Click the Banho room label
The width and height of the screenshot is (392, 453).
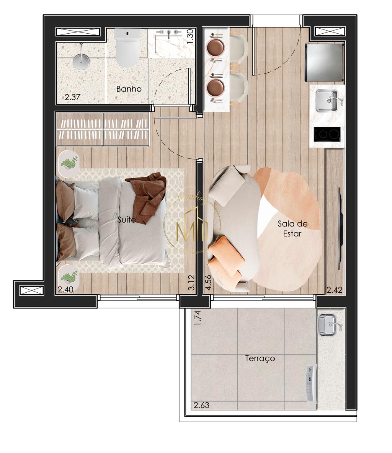[x=129, y=89]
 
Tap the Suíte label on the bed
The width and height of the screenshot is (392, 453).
[x=127, y=220]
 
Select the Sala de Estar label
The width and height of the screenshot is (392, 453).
[x=292, y=228]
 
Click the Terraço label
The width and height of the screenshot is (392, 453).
[x=260, y=359]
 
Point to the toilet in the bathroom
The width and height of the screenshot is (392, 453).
[x=127, y=49]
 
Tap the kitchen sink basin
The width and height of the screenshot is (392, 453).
[x=326, y=101]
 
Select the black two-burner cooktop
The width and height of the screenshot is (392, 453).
[x=327, y=134]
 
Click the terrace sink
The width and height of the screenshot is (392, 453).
[x=327, y=324]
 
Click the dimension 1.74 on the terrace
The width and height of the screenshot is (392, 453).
[x=197, y=318]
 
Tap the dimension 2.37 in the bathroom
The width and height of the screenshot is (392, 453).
[x=72, y=97]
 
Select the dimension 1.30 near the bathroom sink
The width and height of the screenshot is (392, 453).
[x=190, y=37]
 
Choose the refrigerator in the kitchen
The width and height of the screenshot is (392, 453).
[x=324, y=62]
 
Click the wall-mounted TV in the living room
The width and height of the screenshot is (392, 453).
[x=340, y=229]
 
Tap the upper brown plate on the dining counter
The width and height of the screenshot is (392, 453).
[x=215, y=48]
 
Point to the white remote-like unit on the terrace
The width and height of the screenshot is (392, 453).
[x=312, y=383]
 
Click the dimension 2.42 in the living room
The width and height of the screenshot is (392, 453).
[x=334, y=290]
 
